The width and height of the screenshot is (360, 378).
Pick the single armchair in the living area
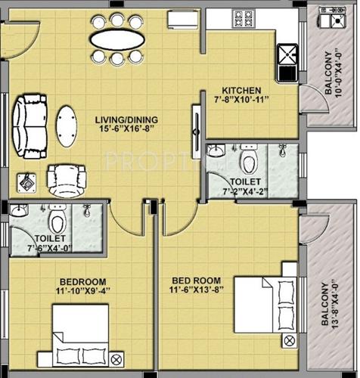coord(61,179)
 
